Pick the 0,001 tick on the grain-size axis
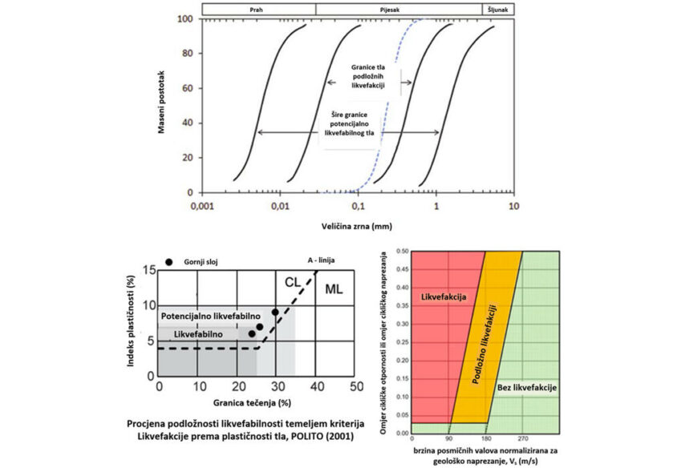[201, 205]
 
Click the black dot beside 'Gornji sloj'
[169, 262]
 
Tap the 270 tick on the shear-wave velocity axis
[522, 439]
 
